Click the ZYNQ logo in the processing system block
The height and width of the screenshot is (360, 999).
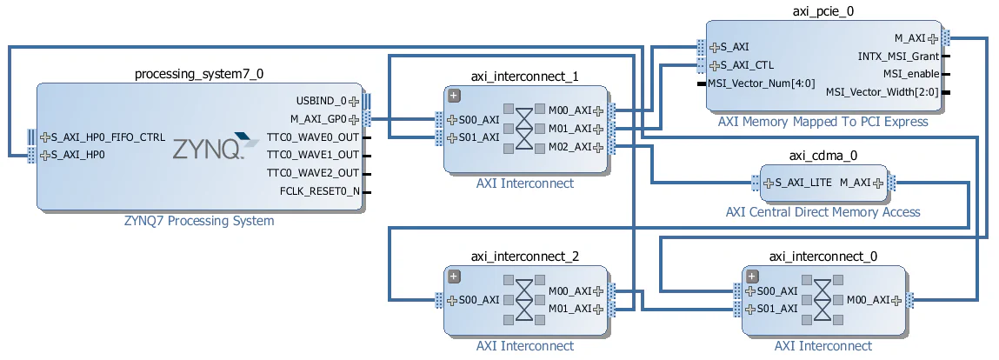(x=207, y=148)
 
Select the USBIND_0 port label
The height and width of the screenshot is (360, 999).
(x=321, y=101)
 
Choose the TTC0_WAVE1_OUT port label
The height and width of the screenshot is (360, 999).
(x=312, y=155)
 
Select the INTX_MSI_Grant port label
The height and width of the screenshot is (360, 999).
(x=898, y=57)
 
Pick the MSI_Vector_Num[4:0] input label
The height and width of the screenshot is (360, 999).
(x=761, y=83)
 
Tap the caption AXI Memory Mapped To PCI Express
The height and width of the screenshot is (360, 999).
(x=823, y=122)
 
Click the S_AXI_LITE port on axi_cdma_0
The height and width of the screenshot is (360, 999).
(x=797, y=183)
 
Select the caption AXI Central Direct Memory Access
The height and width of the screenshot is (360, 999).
(x=823, y=212)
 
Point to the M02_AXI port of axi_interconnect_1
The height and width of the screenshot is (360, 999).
(x=569, y=146)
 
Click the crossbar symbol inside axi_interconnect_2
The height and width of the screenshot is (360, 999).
(x=524, y=300)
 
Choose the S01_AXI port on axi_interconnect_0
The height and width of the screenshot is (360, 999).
(x=776, y=309)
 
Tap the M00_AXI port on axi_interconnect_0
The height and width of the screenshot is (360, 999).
(x=869, y=300)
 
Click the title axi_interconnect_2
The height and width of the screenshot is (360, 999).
(x=524, y=256)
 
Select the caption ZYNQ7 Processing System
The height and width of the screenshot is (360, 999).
(x=199, y=221)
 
